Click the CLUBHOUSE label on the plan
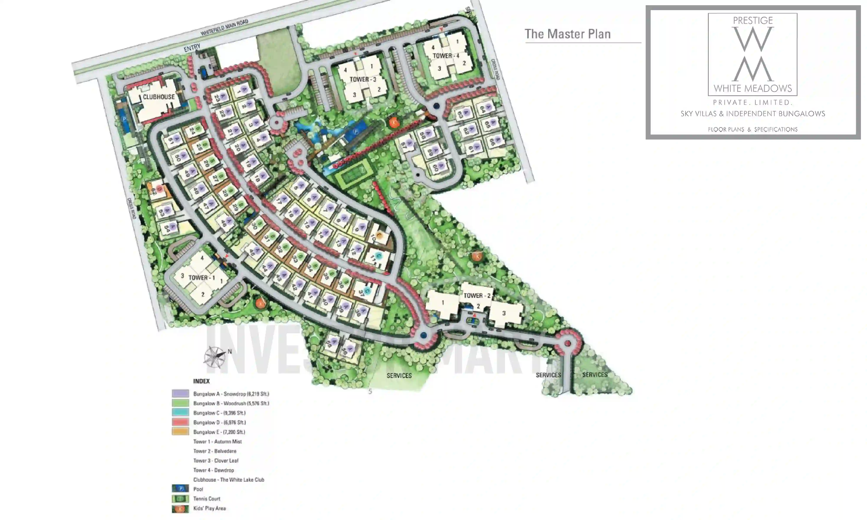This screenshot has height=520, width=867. point(158,97)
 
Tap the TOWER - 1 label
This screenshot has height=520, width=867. point(202,278)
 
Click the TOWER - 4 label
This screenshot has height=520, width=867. point(446,56)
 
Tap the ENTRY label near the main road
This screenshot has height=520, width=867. point(192,48)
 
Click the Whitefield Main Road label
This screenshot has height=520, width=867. point(224,27)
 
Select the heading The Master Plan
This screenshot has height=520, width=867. point(567,34)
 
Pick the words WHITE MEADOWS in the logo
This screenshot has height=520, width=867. point(752,89)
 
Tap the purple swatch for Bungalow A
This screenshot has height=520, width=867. point(180,393)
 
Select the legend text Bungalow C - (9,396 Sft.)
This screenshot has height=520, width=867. point(219,413)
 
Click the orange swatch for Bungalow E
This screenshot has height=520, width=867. point(180,432)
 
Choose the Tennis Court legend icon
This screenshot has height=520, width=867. point(180,499)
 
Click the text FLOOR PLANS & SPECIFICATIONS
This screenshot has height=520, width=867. point(752,130)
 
